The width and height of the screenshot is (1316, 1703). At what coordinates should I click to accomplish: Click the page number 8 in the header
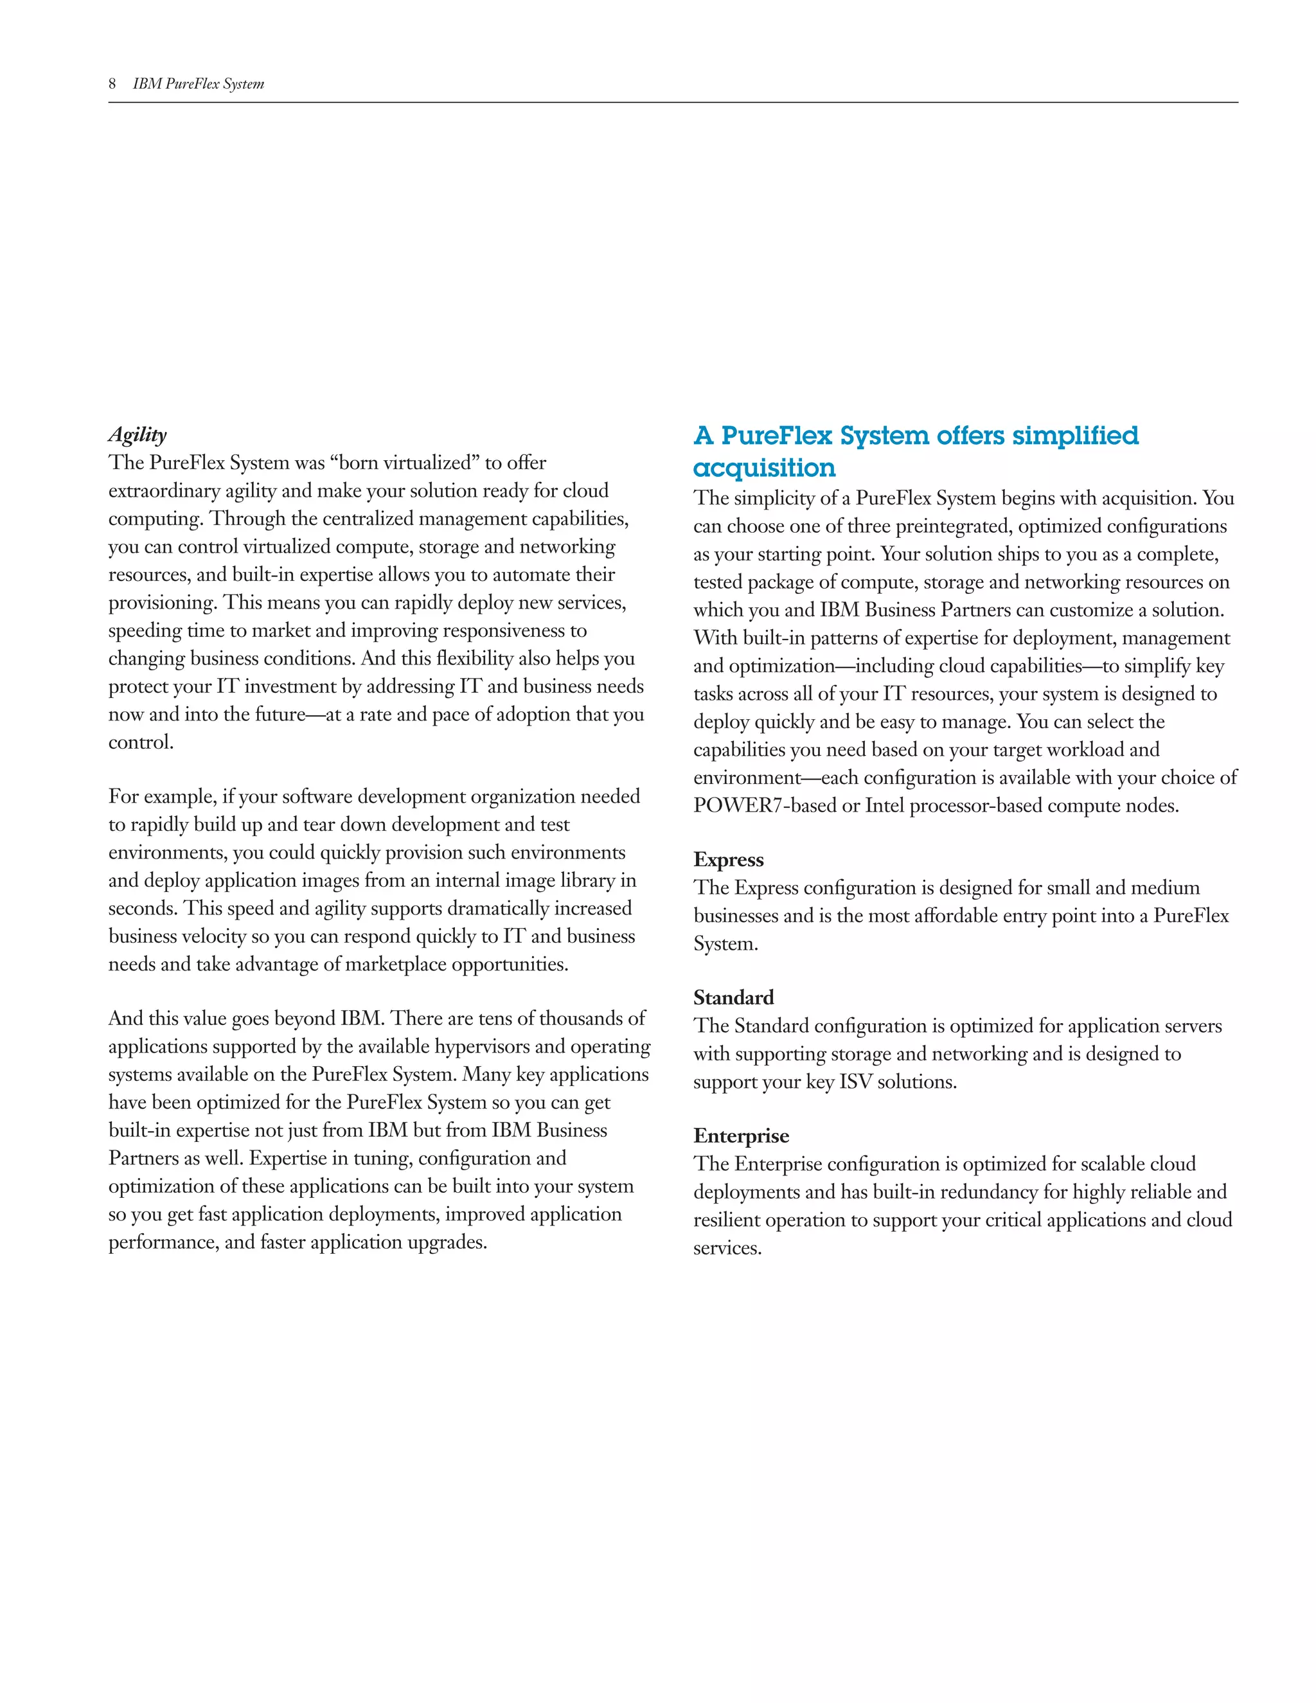tap(112, 84)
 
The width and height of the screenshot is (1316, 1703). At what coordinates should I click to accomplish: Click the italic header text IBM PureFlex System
tap(198, 84)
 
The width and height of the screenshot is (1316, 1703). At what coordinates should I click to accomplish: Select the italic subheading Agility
tap(138, 434)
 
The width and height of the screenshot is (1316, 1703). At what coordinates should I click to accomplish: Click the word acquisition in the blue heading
tap(764, 468)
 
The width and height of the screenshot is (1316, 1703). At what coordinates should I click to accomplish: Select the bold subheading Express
tap(728, 859)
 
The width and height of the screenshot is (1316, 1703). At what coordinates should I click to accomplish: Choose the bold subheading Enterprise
tap(741, 1136)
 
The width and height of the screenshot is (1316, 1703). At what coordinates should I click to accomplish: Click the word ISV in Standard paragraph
tap(855, 1082)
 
